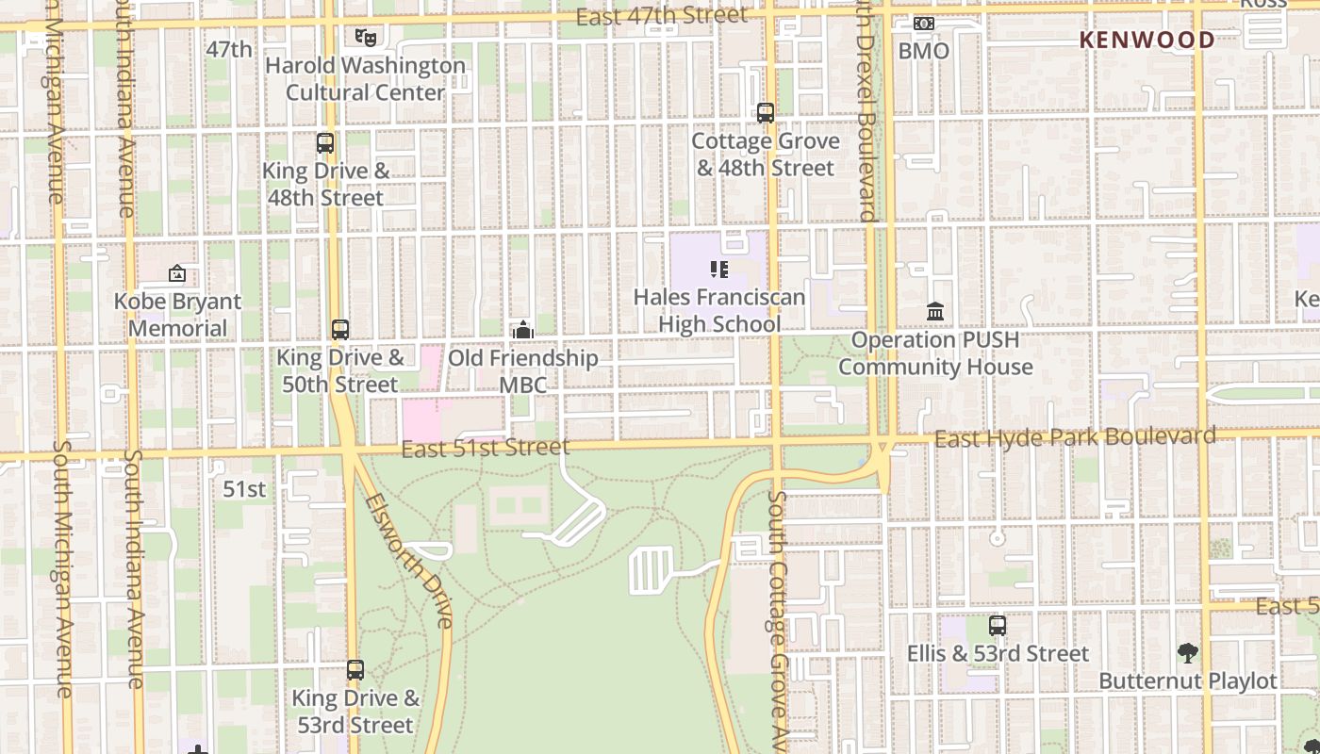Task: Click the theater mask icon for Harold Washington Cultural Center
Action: point(366,38)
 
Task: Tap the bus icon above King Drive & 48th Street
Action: point(325,143)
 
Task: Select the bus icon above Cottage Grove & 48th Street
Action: point(766,113)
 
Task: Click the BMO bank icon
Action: point(924,24)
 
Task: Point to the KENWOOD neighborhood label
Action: point(1147,40)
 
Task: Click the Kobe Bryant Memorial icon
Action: point(177,274)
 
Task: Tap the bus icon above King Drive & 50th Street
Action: point(340,330)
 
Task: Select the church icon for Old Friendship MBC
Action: point(522,330)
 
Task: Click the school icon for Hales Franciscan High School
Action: point(719,270)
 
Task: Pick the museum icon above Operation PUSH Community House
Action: point(935,311)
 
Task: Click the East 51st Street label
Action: point(485,448)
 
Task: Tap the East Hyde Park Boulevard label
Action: point(1075,437)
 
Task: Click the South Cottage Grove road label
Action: point(776,622)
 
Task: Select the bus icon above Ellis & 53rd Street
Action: point(998,626)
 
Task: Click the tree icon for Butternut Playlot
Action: point(1188,652)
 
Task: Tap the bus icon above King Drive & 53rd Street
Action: point(355,670)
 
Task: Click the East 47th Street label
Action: point(661,16)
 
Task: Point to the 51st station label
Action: point(244,489)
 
